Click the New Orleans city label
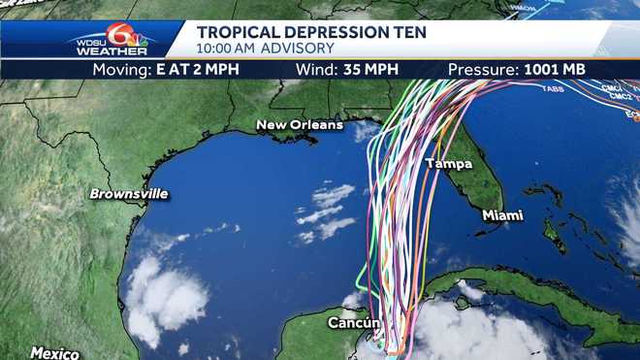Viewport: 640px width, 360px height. click(x=300, y=125)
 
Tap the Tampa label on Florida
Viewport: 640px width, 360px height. click(x=448, y=163)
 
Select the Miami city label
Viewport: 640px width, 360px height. click(x=502, y=215)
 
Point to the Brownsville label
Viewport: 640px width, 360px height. click(x=128, y=194)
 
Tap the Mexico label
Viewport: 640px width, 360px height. click(x=53, y=352)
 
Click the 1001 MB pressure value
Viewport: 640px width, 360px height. click(x=553, y=70)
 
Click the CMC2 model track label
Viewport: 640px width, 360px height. click(x=618, y=97)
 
